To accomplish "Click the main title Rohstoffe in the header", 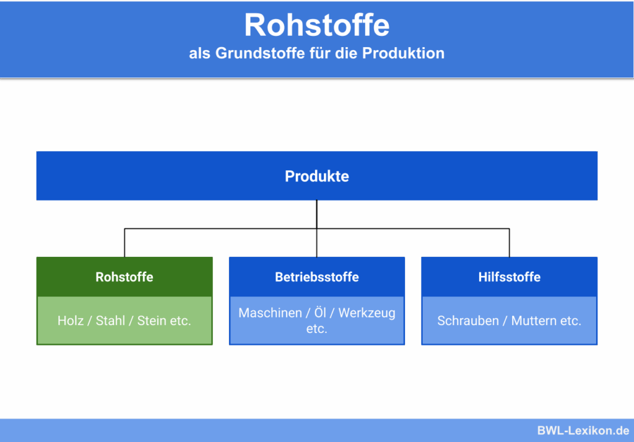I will pos(316,25).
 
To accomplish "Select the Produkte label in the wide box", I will pos(316,176).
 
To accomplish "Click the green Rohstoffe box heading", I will pos(124,277).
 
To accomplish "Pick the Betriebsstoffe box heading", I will pos(316,277).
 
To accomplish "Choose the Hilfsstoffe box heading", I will pos(509,277).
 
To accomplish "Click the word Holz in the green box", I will pos(71,321).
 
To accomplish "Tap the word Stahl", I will pos(110,321).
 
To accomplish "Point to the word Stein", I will pos(152,321).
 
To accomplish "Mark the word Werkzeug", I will pos(367,313).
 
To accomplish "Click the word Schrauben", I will pos(467,321).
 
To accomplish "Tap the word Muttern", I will pos(533,321).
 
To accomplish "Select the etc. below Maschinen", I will pos(316,329).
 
